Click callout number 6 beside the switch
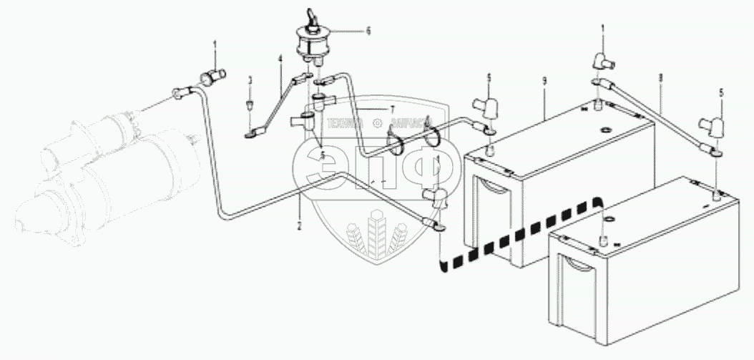pyautogui.click(x=368, y=31)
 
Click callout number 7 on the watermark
pyautogui.click(x=391, y=108)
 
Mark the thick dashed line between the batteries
pyautogui.click(x=522, y=233)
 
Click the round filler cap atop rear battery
pyautogui.click(x=604, y=131)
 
